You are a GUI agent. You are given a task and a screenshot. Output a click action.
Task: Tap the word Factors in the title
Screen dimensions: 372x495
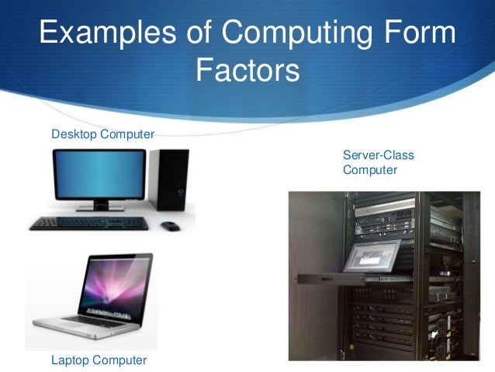[x=247, y=72]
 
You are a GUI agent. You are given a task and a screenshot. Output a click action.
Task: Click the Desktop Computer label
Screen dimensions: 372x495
[x=103, y=134]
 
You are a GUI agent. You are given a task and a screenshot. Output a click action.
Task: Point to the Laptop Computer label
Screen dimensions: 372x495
[x=99, y=360]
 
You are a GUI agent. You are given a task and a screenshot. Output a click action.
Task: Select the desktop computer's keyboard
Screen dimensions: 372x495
[x=88, y=224]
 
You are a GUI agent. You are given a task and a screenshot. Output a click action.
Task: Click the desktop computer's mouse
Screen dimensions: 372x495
[x=169, y=225]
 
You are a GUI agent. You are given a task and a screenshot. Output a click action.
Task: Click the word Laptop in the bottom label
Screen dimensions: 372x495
[x=70, y=360]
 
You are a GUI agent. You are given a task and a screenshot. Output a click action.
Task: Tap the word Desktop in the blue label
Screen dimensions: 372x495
[x=74, y=134]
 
